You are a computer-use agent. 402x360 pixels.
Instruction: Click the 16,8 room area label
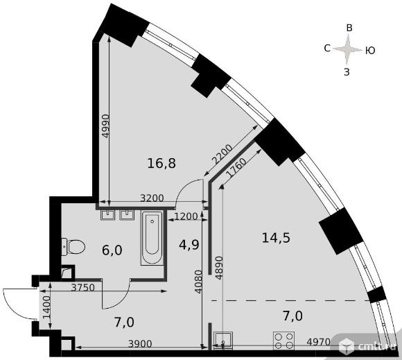161,163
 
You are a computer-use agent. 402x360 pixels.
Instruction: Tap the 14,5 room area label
276,238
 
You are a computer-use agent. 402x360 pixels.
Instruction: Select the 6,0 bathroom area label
112,250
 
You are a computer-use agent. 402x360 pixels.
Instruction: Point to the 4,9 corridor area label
189,245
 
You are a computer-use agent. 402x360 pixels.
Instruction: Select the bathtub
152,238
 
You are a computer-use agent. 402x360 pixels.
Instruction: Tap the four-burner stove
283,341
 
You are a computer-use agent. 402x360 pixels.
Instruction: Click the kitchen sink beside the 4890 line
223,341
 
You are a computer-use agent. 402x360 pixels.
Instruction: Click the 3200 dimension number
152,198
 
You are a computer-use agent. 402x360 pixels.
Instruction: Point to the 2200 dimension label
222,155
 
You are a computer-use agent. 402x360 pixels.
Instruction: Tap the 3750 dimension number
82,287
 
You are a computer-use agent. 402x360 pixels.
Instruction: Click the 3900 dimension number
140,344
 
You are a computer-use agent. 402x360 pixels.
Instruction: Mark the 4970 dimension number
318,342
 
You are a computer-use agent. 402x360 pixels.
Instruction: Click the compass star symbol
347,49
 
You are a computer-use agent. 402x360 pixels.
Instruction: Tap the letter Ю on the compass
370,51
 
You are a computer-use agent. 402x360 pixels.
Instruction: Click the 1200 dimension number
186,216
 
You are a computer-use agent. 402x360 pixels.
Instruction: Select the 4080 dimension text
198,282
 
